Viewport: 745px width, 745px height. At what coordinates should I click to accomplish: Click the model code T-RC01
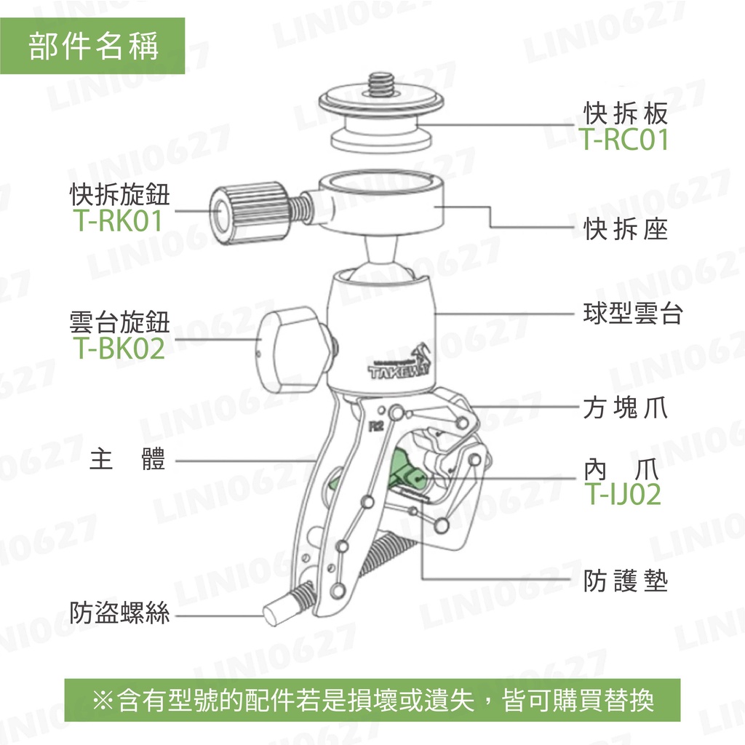coord(624,139)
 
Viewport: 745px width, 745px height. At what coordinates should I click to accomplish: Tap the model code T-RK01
coord(119,221)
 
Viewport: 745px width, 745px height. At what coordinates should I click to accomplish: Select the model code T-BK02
coord(119,348)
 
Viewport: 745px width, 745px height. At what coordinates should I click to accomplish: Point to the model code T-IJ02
coord(623,494)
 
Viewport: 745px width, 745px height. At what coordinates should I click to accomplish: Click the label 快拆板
coord(626,112)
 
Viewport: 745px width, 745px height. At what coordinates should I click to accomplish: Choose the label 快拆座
coord(626,229)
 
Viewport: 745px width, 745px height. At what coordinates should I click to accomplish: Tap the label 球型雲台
coord(633,313)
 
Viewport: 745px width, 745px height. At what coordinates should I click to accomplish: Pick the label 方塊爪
coord(626,407)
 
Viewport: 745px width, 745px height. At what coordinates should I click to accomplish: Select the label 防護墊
coord(626,581)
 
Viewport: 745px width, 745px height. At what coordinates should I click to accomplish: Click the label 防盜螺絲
coord(119,613)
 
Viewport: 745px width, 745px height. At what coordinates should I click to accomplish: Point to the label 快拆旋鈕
coord(120,194)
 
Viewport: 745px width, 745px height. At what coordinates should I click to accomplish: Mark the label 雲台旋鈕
coord(120,322)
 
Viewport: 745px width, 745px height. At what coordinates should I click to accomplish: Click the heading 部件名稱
coord(93,46)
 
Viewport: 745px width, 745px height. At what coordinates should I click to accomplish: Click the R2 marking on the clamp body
coord(376,426)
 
